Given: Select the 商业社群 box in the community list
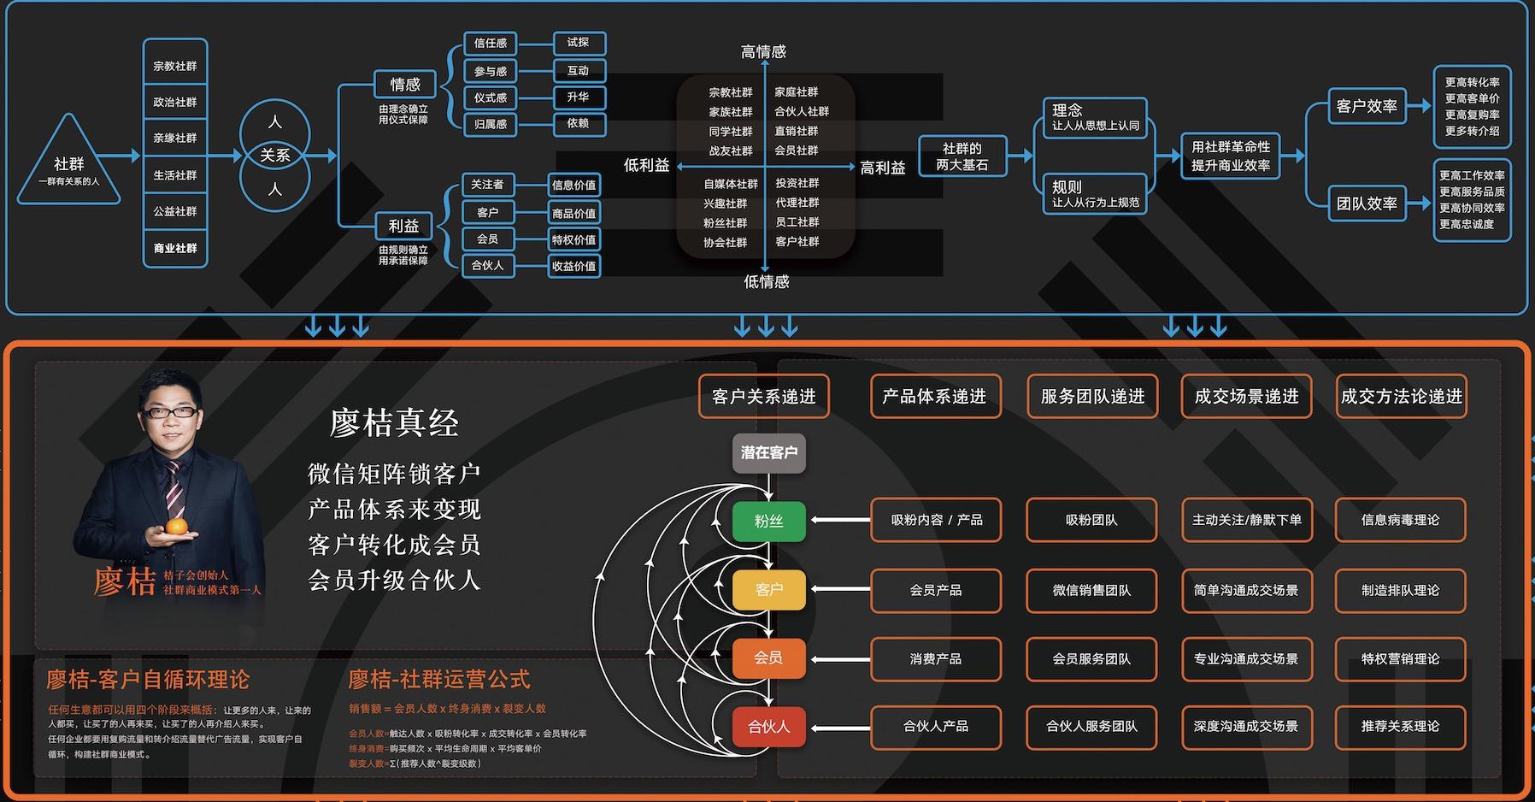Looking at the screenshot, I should point(175,248).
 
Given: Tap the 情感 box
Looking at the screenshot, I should point(405,85).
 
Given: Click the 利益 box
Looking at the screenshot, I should point(403,226).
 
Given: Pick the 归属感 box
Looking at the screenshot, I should point(490,124).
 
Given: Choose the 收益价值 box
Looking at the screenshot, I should point(573,266).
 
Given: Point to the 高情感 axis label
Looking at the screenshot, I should point(763,52).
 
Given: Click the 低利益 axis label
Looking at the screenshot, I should point(646,166).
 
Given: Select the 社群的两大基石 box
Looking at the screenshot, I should point(962,156).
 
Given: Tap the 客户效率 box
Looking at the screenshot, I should point(1366,106).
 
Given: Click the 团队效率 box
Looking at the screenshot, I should point(1366,203).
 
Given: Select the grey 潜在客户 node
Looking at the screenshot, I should point(768,452).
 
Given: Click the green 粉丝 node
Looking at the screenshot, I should point(768,521).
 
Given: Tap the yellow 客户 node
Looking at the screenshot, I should point(768,589).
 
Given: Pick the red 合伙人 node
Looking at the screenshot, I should point(768,727).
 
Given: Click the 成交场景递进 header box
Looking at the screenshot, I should point(1246,396).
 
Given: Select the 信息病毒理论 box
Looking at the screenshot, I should point(1400,520).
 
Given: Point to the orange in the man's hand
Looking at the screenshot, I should point(175,528).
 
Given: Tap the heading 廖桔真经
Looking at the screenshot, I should point(394,423).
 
